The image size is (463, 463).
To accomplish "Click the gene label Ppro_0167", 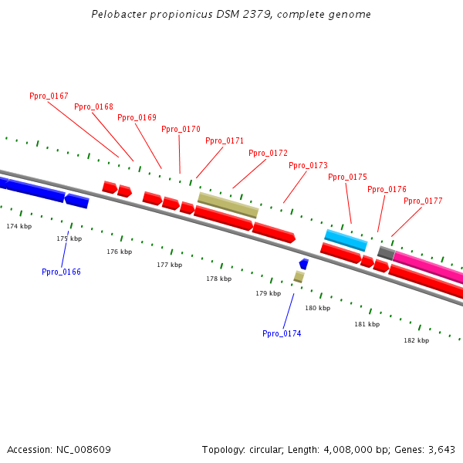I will (x=49, y=96).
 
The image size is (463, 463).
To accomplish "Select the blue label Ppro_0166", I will (x=61, y=272).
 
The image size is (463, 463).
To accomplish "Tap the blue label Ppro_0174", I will (x=282, y=333).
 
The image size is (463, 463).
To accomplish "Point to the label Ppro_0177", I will (x=423, y=201).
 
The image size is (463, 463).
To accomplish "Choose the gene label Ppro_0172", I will (x=268, y=153).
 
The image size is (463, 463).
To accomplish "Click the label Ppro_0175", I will (x=347, y=177).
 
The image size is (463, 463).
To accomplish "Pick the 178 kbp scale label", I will (x=218, y=279).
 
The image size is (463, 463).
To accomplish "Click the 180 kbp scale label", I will (x=317, y=308).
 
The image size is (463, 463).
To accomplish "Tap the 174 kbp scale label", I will (x=19, y=226).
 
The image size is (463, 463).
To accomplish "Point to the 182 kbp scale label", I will (x=416, y=340).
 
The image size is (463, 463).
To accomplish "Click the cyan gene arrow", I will (x=346, y=240).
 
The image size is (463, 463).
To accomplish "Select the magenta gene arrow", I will (x=428, y=267).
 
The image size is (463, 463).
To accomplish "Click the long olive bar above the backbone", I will (x=228, y=204).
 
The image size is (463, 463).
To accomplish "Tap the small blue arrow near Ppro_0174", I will (x=304, y=264).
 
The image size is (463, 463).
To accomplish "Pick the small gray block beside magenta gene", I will (x=386, y=252).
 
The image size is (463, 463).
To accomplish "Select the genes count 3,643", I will (x=441, y=449).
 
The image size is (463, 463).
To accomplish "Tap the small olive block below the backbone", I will (x=299, y=276).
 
